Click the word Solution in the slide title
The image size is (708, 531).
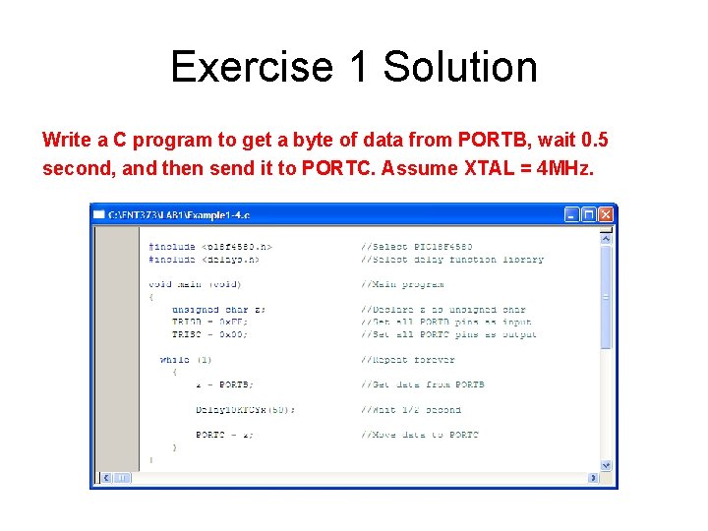pos(460,68)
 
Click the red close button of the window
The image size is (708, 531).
pos(606,214)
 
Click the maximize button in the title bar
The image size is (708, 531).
pos(589,214)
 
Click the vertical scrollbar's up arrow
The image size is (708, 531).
pos(606,237)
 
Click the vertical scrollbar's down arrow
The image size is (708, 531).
pos(606,465)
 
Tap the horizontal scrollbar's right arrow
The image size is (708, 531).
pos(593,478)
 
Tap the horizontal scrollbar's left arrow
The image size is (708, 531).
pos(100,478)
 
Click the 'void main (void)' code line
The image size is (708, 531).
pos(195,284)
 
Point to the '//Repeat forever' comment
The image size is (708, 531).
pos(407,360)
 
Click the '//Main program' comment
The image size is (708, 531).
pos(402,284)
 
